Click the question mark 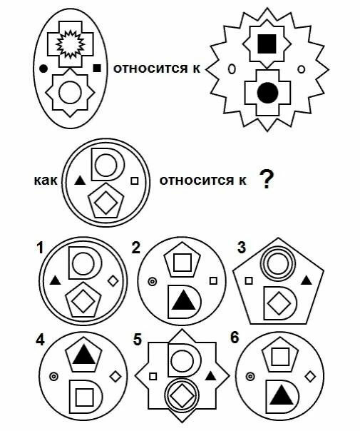(266, 179)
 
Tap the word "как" (46, 181)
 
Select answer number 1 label (41, 248)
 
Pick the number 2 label (136, 248)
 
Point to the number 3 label (242, 247)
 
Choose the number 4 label (40, 340)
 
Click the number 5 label (138, 340)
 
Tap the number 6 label (235, 338)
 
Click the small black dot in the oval (43, 69)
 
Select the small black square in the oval (97, 68)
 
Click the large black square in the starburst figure (267, 44)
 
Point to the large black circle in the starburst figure (268, 93)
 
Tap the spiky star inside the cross (71, 44)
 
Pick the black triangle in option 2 (183, 301)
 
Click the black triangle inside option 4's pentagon (83, 355)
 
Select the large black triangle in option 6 (281, 395)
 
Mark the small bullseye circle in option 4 (53, 376)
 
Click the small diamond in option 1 (113, 280)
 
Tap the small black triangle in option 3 (307, 280)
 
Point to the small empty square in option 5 (153, 376)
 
